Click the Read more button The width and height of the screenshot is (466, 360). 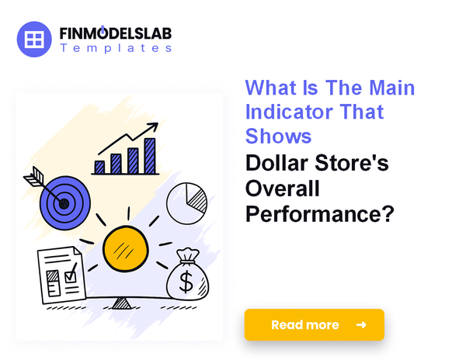[x=314, y=324]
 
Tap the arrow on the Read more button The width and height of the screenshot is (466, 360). [x=360, y=324]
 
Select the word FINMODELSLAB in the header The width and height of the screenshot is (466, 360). [x=116, y=33]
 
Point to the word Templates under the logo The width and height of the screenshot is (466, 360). [x=116, y=48]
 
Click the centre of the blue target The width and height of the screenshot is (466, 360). [x=64, y=203]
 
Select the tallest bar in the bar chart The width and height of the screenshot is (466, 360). [x=150, y=156]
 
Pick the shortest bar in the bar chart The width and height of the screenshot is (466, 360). [x=99, y=167]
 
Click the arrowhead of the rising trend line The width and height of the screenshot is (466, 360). [x=155, y=126]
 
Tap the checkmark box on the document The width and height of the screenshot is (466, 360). [x=70, y=273]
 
